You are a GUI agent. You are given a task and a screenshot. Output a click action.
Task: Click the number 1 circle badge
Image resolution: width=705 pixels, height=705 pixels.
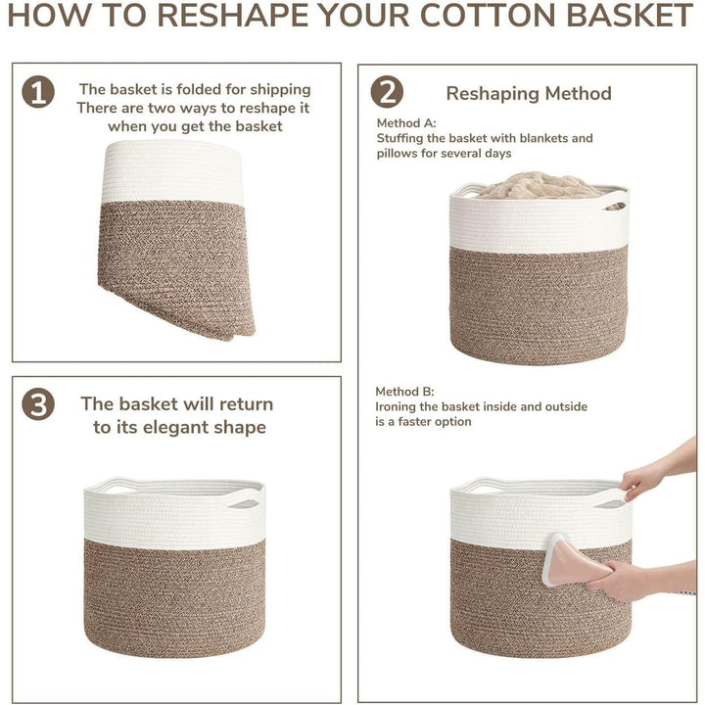click(x=38, y=92)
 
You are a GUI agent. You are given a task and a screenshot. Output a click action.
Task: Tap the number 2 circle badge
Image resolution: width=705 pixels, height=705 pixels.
click(x=387, y=92)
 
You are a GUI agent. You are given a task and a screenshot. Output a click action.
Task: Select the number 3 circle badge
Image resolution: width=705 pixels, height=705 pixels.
click(x=38, y=404)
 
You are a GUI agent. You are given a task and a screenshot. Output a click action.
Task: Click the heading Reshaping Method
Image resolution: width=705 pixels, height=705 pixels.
click(x=529, y=93)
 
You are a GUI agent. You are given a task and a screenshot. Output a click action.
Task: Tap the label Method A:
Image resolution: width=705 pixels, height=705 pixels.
click(x=406, y=123)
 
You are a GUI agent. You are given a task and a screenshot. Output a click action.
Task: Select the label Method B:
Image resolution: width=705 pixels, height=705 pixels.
click(x=406, y=391)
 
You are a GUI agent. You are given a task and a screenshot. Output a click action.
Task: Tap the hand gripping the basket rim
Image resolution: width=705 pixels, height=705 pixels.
click(x=642, y=479)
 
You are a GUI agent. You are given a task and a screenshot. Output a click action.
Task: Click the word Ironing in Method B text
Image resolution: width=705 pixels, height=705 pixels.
click(x=400, y=406)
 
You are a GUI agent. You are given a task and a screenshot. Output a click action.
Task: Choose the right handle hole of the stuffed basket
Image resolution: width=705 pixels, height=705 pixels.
click(x=612, y=206)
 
